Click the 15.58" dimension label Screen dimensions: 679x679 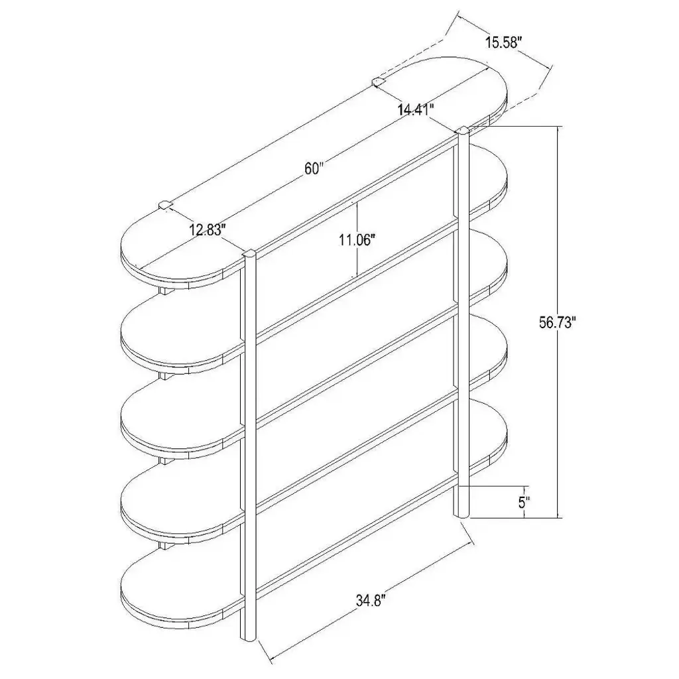click(x=505, y=43)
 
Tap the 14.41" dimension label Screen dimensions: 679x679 click(x=416, y=109)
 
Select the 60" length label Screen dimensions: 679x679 click(x=314, y=168)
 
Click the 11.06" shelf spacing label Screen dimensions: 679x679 click(x=357, y=239)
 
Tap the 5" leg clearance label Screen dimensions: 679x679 click(x=525, y=503)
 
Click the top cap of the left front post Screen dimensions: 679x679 click(x=249, y=254)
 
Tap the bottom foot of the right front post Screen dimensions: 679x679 click(x=462, y=514)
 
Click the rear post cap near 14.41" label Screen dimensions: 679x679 click(x=379, y=82)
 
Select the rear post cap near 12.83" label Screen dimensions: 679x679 click(x=166, y=204)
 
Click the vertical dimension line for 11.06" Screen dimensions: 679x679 click(x=356, y=239)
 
